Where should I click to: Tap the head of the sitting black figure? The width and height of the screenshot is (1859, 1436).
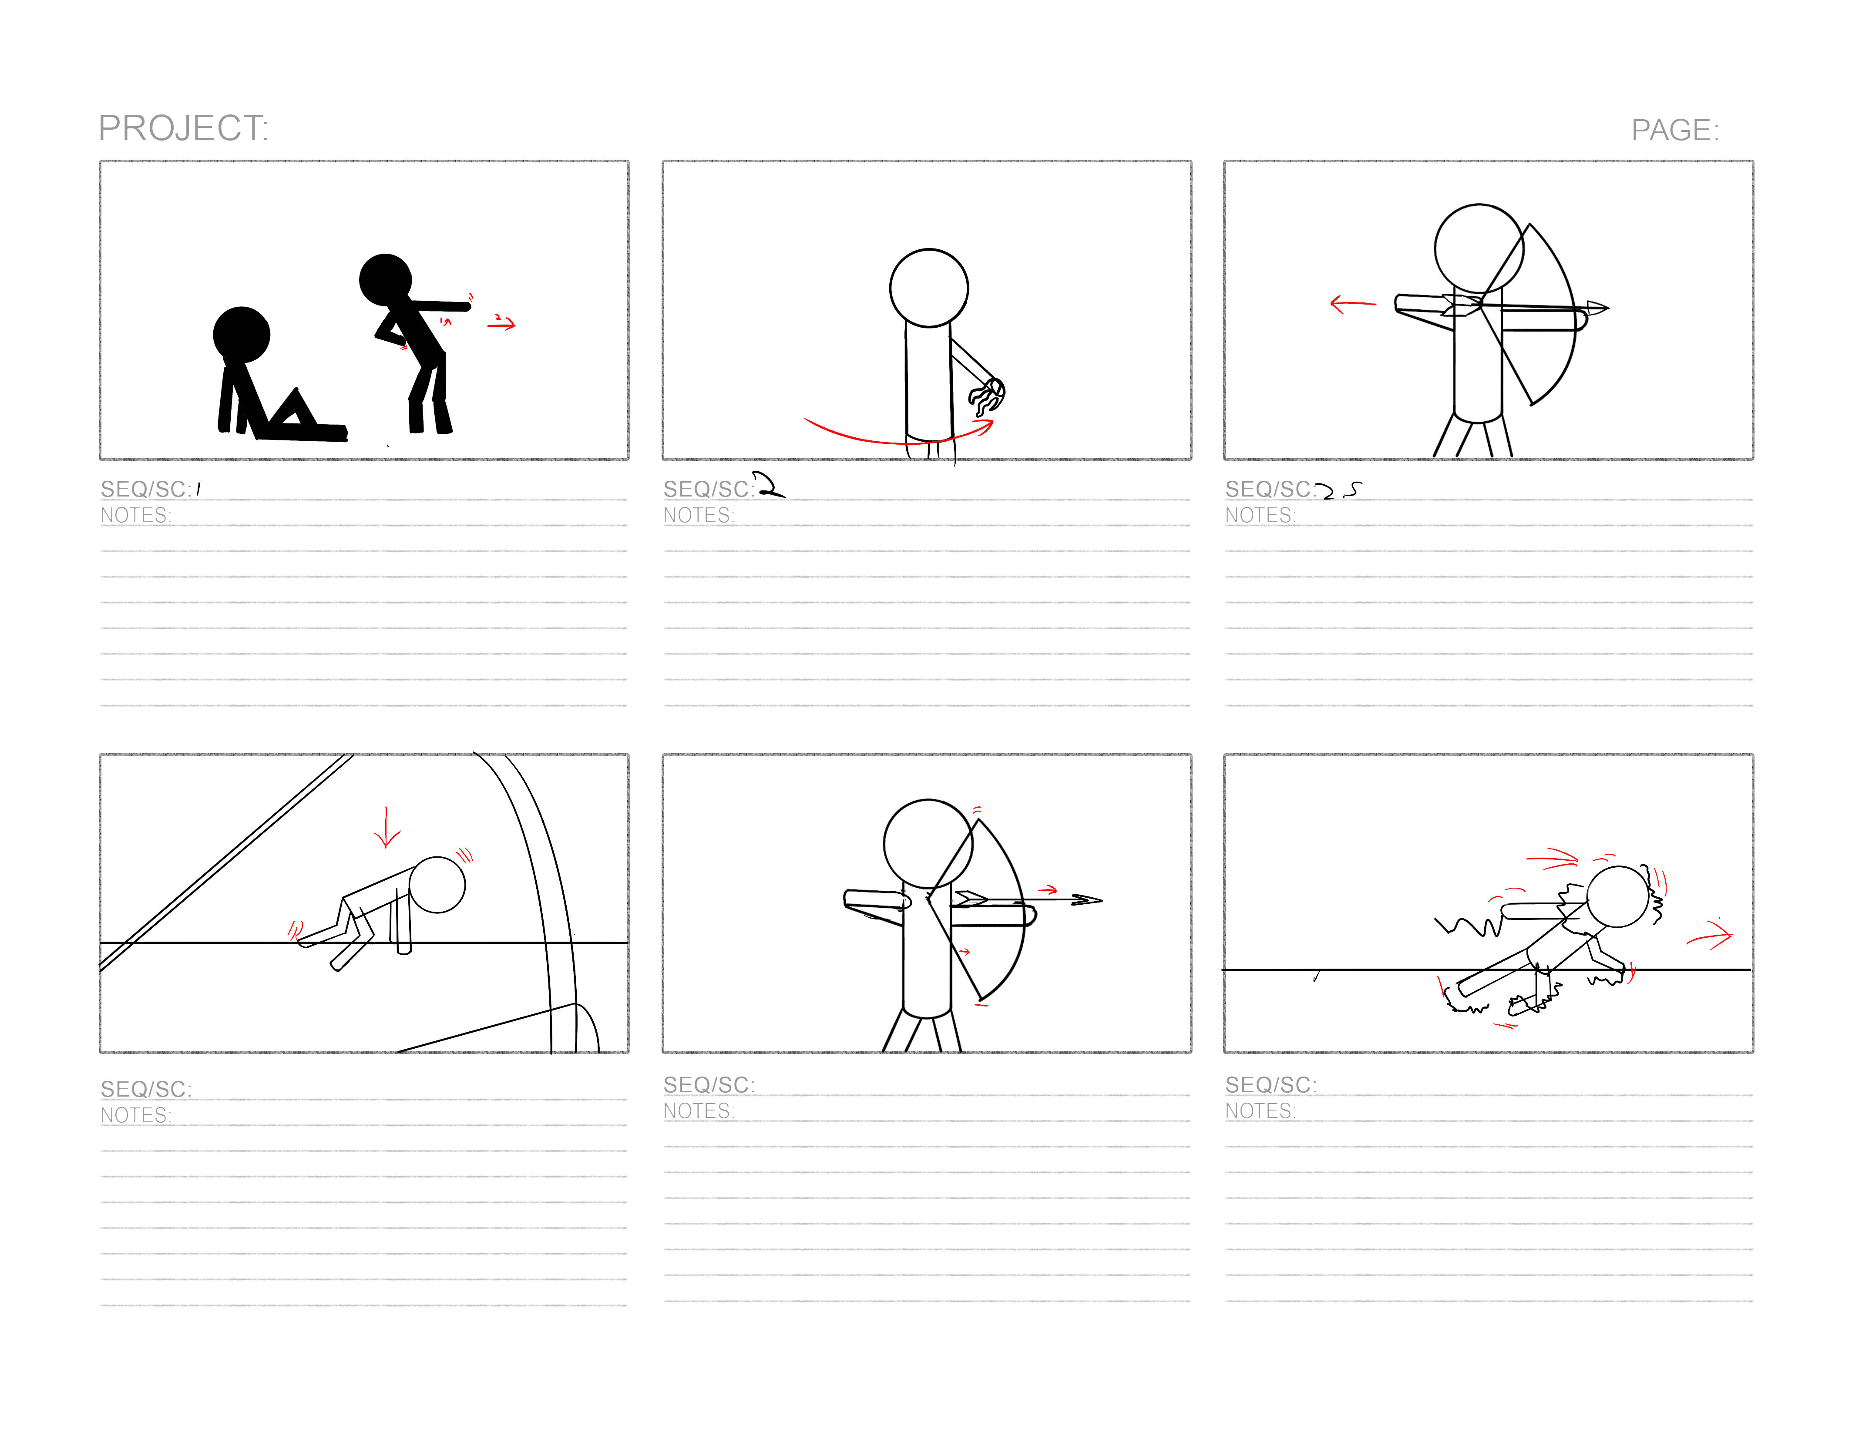[x=242, y=335]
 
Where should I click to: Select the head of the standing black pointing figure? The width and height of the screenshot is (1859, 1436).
[x=386, y=279]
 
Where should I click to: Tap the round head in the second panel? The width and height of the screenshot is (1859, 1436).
[x=929, y=288]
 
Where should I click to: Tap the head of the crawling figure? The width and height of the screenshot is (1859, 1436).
[x=437, y=884]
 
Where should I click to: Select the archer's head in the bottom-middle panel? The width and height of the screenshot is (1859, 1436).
[x=928, y=844]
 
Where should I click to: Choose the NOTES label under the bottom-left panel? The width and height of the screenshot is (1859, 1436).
[x=136, y=1115]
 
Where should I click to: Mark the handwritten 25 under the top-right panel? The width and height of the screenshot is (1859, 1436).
[x=1338, y=490]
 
